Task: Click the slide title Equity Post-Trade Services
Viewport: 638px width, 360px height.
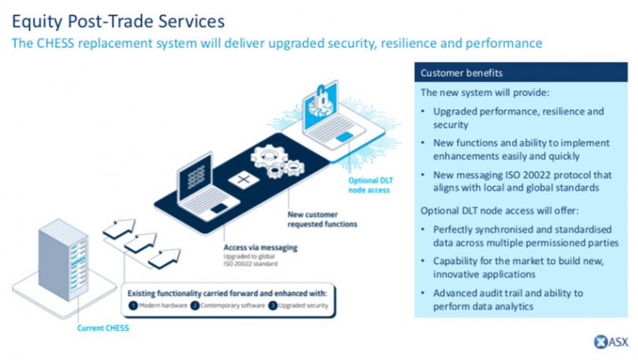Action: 118,17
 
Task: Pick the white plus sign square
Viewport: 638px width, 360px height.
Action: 239,180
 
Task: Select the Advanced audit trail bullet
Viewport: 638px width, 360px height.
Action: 508,299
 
